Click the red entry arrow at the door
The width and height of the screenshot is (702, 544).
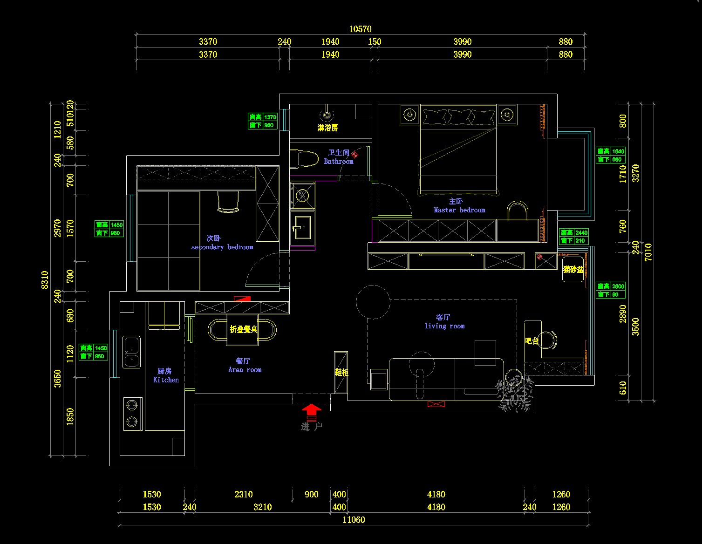[x=311, y=410]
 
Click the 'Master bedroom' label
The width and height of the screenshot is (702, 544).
[x=459, y=210]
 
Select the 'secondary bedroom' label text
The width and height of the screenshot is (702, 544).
[x=222, y=247]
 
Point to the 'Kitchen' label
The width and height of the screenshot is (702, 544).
[x=166, y=380]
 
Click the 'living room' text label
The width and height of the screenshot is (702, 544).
[x=444, y=326]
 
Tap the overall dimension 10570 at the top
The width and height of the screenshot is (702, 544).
[x=360, y=29]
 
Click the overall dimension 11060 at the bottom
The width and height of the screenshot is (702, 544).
[x=354, y=520]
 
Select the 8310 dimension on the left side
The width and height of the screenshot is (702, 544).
[x=45, y=279]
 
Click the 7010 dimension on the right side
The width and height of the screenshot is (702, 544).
[x=648, y=252]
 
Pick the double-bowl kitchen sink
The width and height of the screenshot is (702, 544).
[x=131, y=352]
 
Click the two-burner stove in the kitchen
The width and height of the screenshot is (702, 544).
[x=132, y=414]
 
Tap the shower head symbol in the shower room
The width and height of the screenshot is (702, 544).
[x=327, y=115]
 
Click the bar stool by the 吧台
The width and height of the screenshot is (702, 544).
[x=548, y=340]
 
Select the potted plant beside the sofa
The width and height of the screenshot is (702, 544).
[x=513, y=389]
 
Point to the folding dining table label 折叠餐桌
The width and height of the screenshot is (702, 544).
[x=243, y=329]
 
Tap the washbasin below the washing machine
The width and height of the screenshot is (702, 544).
[x=302, y=227]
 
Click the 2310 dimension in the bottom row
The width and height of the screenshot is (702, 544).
[x=244, y=494]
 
